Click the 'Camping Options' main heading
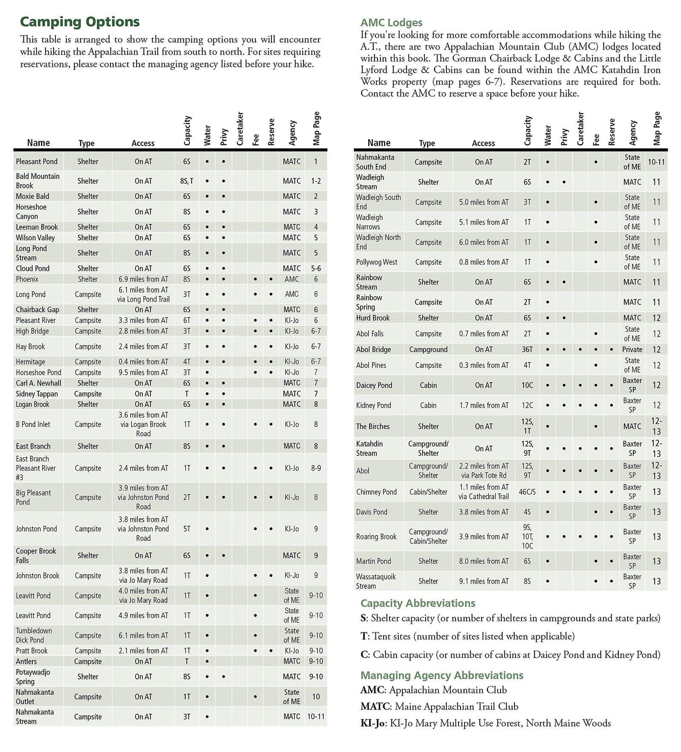coord(80,22)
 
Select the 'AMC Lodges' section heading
coord(391,23)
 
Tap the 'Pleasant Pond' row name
coord(37,161)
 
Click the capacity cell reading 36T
coord(527,349)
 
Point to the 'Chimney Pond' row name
coord(376,492)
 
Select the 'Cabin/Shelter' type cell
coord(428,492)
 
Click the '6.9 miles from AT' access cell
coord(143,279)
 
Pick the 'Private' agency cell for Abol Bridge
coord(632,349)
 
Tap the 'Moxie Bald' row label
coord(32,196)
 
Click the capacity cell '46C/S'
coord(527,492)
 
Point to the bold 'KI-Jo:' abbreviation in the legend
coord(374,723)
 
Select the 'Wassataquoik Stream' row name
coord(376,581)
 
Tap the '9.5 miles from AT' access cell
coord(143,372)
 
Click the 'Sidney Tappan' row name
coord(37,394)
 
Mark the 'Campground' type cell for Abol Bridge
coord(428,349)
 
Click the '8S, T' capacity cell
coord(186,181)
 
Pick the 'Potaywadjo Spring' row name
coord(33,677)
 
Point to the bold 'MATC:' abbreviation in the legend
coord(376,706)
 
